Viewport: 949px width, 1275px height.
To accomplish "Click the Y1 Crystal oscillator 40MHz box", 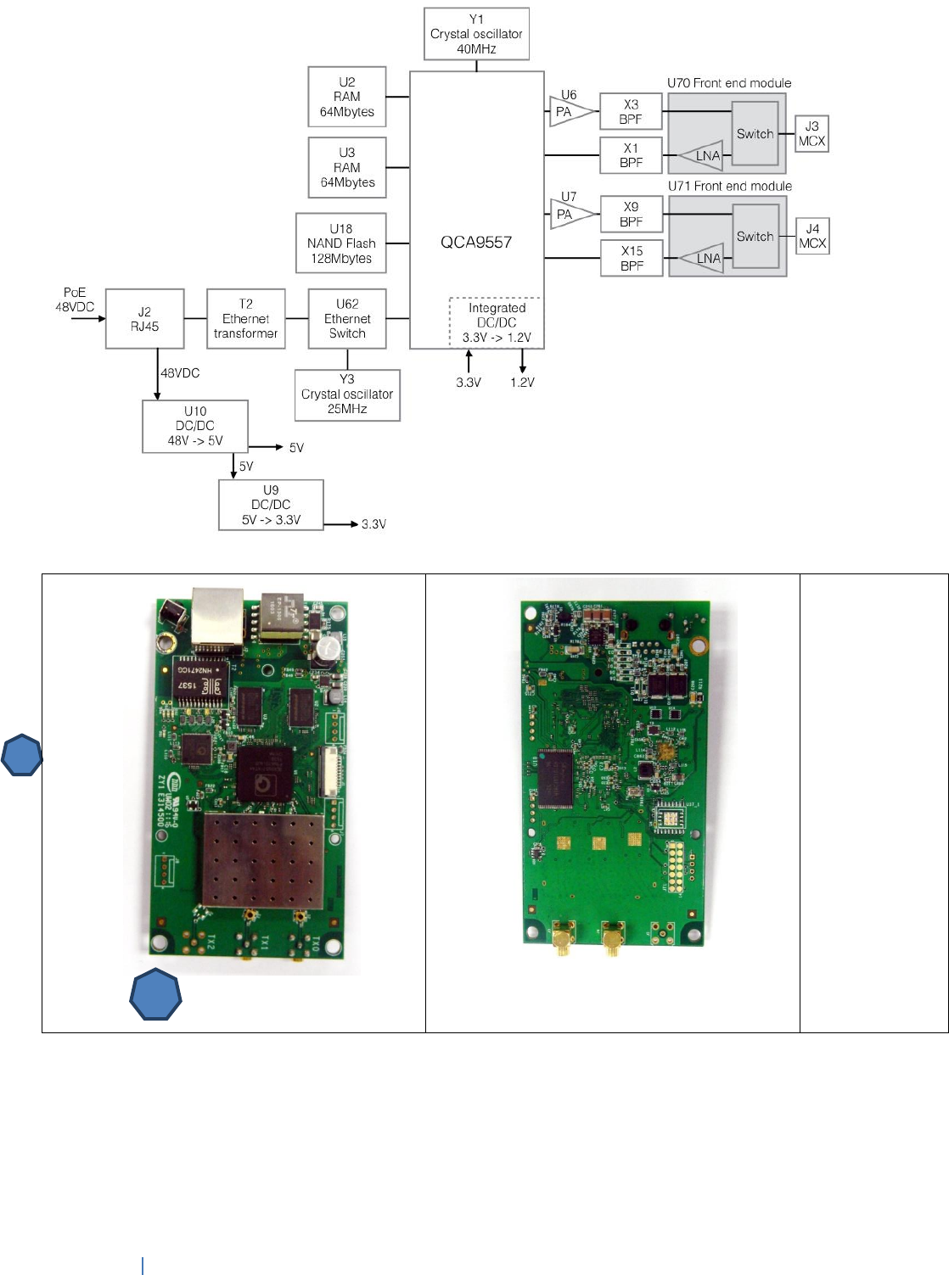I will pos(476,34).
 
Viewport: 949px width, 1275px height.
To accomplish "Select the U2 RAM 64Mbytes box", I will pos(346,97).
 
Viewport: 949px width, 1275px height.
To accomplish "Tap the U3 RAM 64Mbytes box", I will pos(346,168).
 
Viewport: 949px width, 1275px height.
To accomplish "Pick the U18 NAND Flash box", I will pos(340,243).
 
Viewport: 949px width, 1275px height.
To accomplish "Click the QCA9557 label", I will pos(476,243).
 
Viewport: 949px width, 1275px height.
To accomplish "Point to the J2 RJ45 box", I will pos(144,319).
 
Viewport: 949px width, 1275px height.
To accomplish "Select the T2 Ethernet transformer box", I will pos(245,319).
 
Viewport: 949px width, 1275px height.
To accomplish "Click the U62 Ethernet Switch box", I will pos(347,319).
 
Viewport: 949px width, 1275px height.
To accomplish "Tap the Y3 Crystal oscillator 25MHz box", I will pos(346,394).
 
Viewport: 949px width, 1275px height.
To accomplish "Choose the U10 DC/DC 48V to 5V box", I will pos(194,426).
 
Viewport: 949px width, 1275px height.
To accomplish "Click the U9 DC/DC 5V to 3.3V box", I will pos(271,505).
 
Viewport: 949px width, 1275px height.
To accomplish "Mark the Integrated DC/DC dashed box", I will pos(497,322).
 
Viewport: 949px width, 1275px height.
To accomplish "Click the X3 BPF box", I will pos(631,112).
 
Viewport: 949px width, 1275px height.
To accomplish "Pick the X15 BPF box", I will pos(631,258).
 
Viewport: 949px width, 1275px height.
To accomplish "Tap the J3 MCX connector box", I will pos(811,134).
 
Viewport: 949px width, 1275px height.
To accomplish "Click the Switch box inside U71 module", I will pos(755,237).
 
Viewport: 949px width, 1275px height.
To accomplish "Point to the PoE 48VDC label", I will pos(75,299).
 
